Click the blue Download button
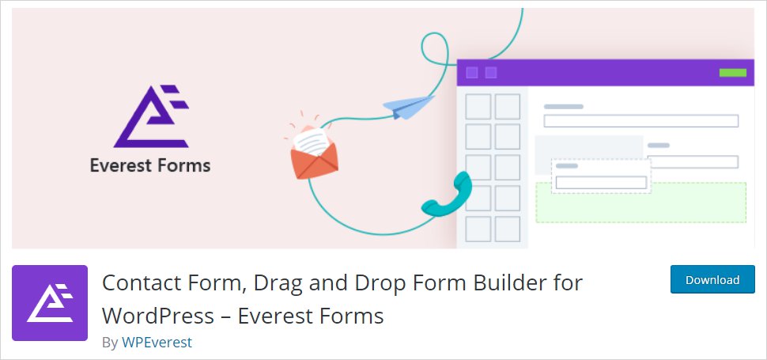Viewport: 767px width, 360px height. (x=712, y=279)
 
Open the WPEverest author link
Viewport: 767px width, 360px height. (x=157, y=343)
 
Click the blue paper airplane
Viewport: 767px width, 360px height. (x=408, y=107)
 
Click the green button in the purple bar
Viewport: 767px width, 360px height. (x=732, y=73)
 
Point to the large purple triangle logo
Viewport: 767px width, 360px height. (x=151, y=116)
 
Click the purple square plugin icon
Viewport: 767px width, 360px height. (x=50, y=303)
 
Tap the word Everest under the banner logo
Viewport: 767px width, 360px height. (x=121, y=166)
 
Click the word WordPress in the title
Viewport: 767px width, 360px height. (x=158, y=316)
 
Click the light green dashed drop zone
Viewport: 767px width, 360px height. (x=640, y=203)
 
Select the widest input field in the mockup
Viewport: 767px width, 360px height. (x=640, y=121)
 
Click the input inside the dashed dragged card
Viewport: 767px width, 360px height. (x=601, y=183)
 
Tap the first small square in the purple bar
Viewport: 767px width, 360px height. (x=472, y=73)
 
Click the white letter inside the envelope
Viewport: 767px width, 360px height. (x=311, y=142)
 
